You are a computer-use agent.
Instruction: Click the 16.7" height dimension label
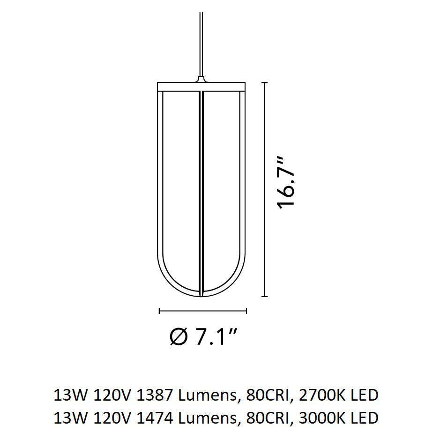286,182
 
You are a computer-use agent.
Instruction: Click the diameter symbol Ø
178,337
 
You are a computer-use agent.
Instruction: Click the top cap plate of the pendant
201,86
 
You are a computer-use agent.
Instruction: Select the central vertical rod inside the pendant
201,187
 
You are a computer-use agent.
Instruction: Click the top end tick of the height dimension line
265,82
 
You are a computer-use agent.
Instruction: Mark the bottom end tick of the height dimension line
265,297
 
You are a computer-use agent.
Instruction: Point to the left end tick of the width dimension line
160,311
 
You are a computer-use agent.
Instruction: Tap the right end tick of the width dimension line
246,311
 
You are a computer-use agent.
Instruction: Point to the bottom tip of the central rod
201,294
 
